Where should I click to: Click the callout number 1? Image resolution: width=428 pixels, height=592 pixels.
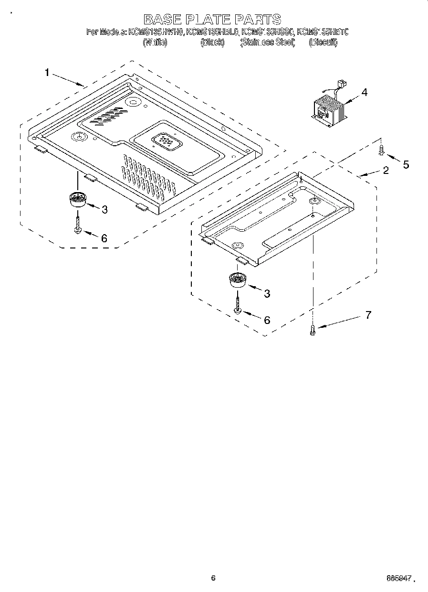click(x=47, y=73)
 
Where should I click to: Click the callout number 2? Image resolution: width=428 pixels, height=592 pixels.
click(x=386, y=170)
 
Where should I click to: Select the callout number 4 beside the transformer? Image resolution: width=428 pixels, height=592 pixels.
click(x=364, y=93)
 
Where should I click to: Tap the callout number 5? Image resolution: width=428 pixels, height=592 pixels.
click(x=406, y=165)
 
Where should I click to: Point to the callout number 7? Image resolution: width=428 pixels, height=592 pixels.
click(x=367, y=315)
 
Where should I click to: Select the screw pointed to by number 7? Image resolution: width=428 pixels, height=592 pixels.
click(x=313, y=329)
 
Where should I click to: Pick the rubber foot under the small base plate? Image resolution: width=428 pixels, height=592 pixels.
click(x=237, y=280)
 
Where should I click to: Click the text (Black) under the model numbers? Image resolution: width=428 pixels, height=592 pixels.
click(x=212, y=42)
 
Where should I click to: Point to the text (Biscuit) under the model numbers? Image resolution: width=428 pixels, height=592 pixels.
click(x=323, y=42)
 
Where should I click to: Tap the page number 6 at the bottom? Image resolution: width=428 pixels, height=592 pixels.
click(x=213, y=578)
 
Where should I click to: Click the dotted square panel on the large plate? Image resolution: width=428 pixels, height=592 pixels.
click(x=164, y=141)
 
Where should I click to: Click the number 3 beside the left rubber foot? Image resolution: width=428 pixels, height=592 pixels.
click(x=104, y=209)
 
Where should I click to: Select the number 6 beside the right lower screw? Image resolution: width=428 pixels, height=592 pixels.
click(x=267, y=320)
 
